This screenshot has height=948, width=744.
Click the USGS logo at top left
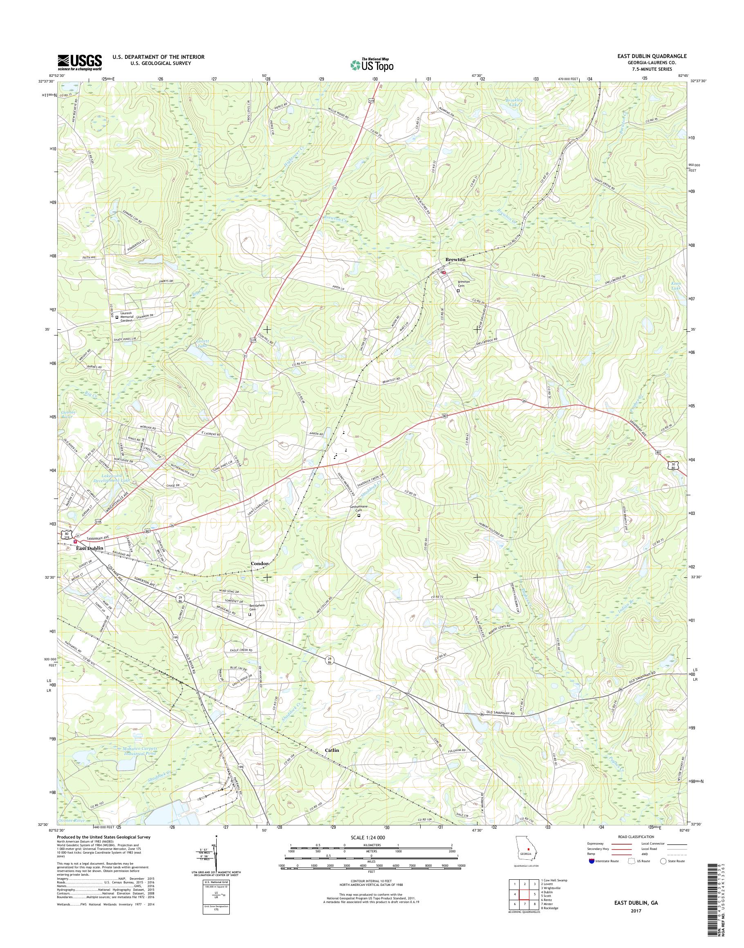coord(80,62)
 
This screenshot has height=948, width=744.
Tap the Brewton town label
coord(455,259)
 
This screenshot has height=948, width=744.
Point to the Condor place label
coord(260,563)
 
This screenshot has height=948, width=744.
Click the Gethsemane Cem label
coord(359,509)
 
